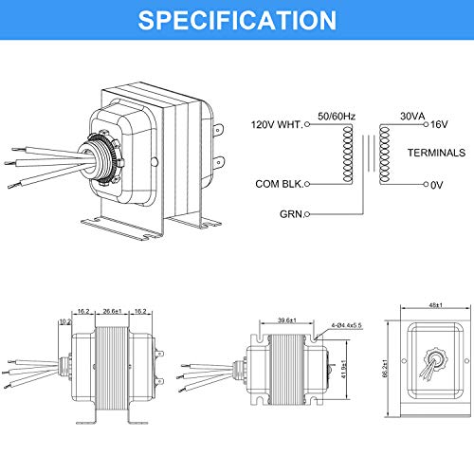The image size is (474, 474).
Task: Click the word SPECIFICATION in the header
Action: click(x=237, y=20)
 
